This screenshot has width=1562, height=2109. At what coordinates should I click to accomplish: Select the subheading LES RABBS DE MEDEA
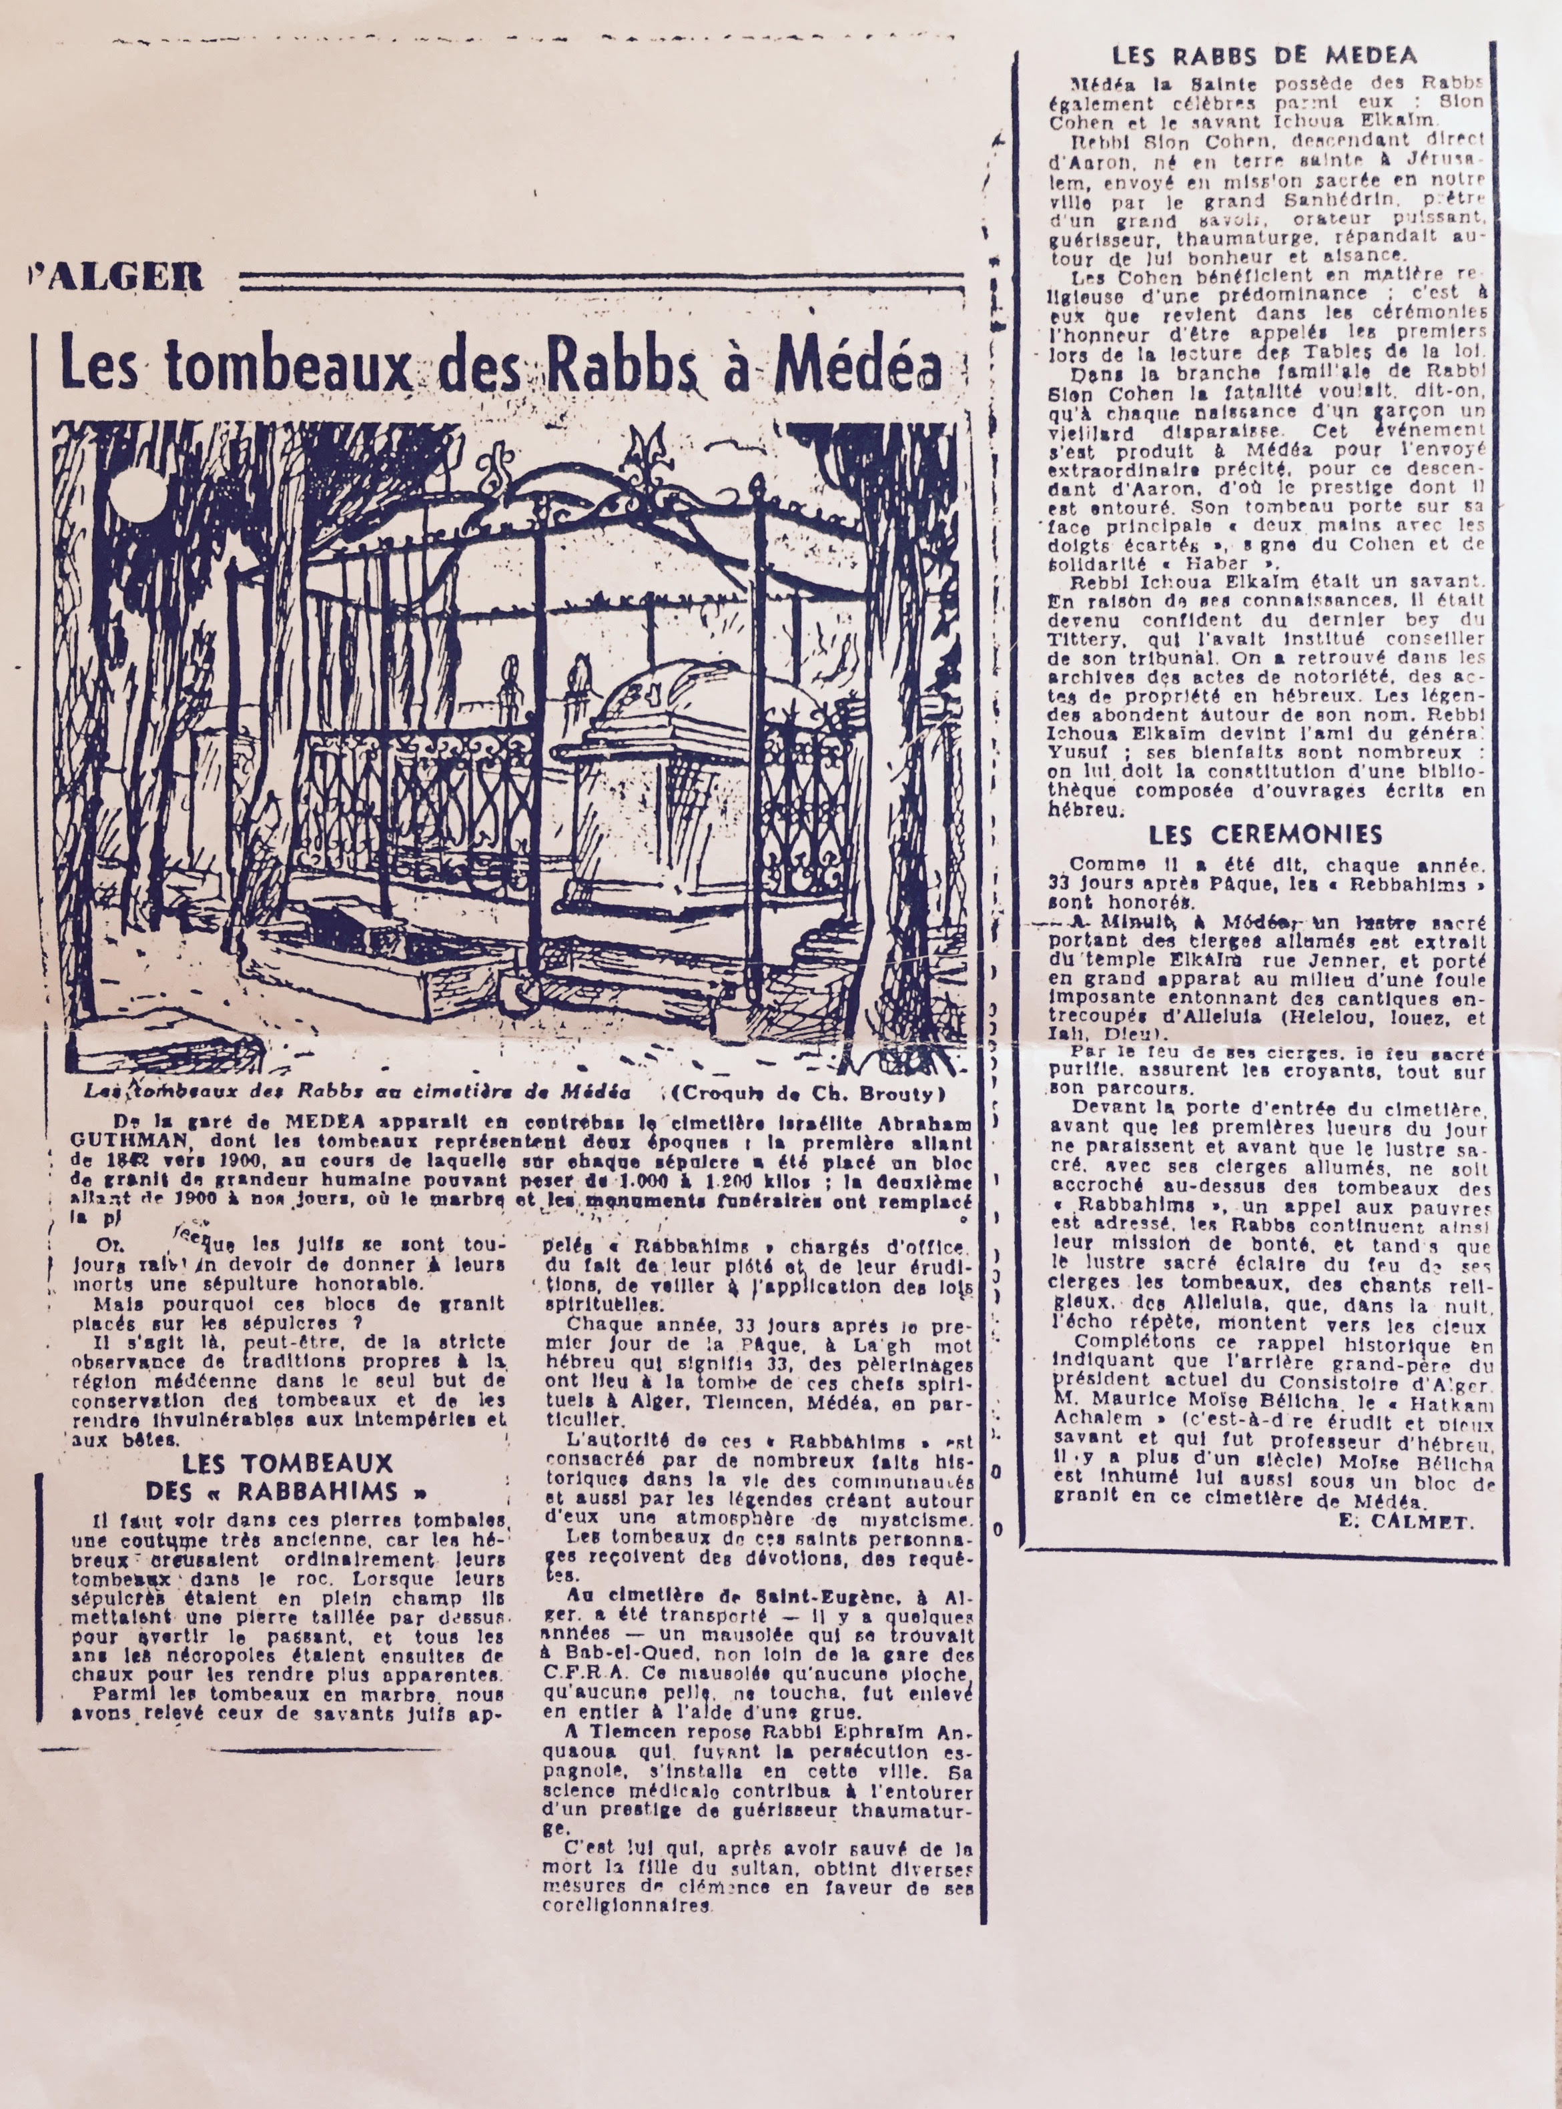pos(1264,56)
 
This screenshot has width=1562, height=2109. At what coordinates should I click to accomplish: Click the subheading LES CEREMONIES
pos(1265,834)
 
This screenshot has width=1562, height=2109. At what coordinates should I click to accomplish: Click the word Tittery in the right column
pos(1077,640)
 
